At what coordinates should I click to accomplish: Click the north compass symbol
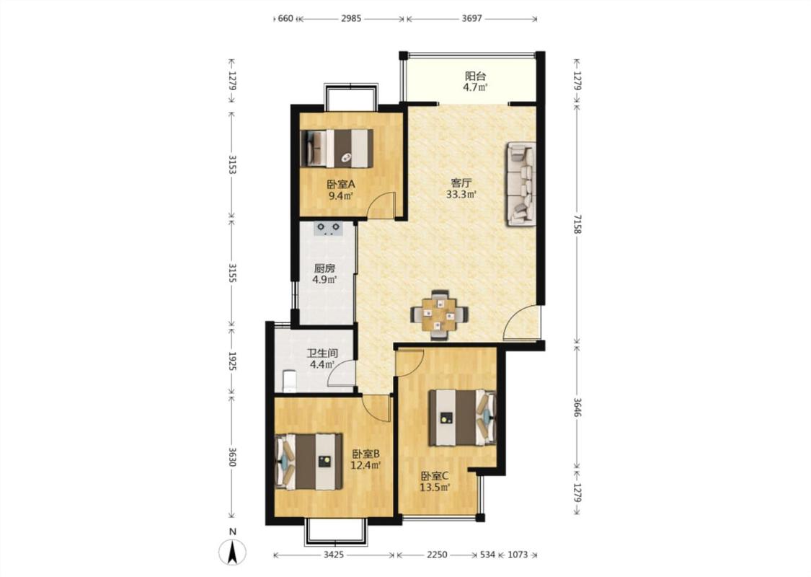[233, 552]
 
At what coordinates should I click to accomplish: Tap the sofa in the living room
[520, 184]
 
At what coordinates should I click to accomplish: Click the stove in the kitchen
[328, 228]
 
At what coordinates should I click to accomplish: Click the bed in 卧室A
[337, 148]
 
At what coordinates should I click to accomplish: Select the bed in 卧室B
[309, 461]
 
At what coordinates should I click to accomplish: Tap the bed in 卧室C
[462, 418]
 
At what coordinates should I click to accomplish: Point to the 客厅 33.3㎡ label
[461, 188]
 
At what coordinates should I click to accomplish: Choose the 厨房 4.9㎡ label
[325, 274]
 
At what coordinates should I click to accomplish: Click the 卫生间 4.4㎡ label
[322, 358]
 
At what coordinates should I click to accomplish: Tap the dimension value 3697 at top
[471, 19]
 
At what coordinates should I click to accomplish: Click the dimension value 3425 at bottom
[334, 555]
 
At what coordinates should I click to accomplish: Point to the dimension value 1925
[232, 361]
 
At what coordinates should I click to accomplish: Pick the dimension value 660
[285, 19]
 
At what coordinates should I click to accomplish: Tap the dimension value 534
[487, 555]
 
